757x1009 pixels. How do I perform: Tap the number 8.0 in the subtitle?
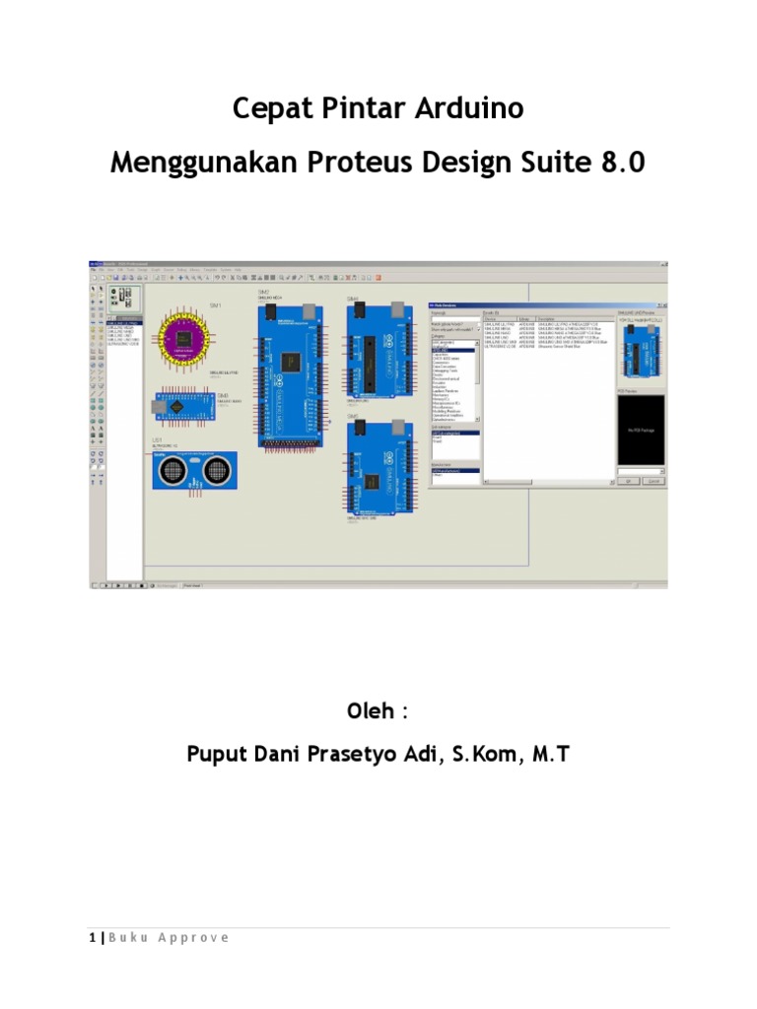tap(623, 163)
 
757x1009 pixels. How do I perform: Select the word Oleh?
tap(373, 710)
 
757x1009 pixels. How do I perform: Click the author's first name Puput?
tap(218, 755)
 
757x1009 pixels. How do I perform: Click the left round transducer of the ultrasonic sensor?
tap(172, 474)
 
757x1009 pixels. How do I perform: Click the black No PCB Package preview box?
tap(641, 430)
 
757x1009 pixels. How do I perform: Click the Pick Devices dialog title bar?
tap(517, 305)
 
